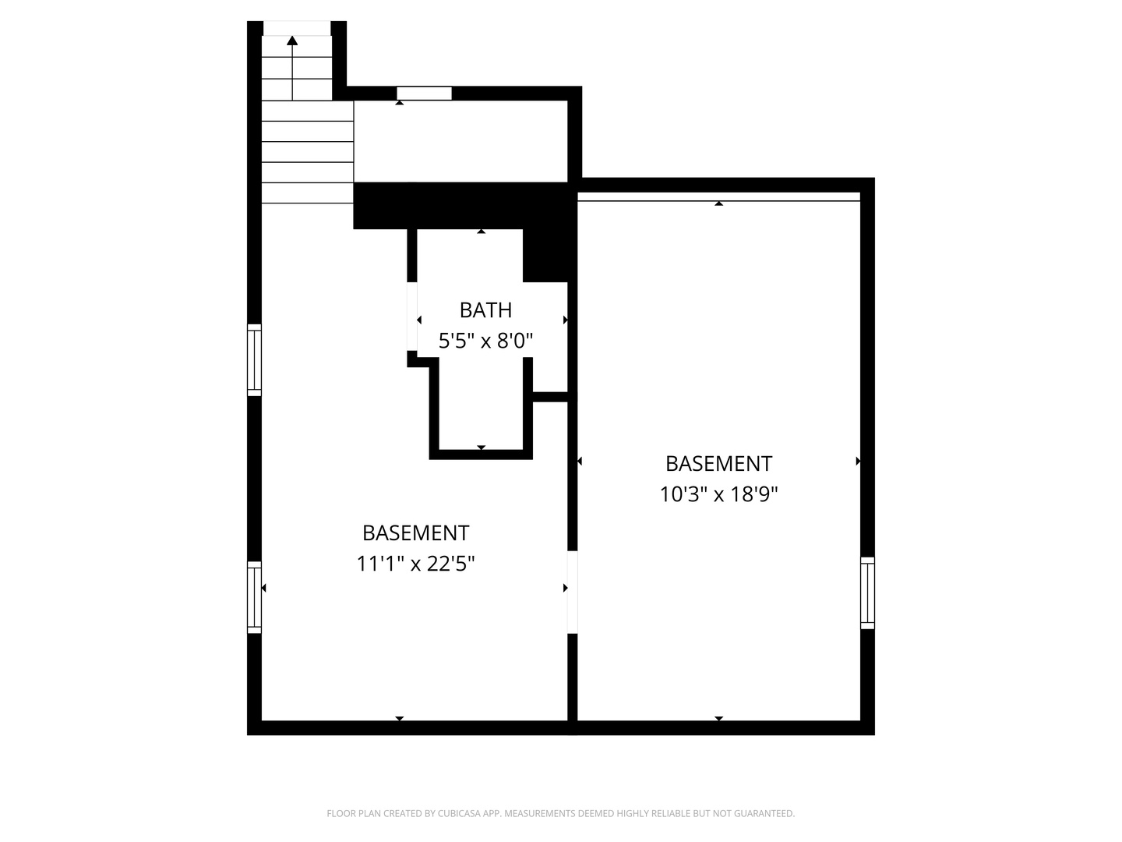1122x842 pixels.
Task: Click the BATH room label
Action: coord(485,310)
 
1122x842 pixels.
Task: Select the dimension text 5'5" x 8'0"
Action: coord(485,341)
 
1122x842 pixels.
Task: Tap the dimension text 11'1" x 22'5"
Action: coord(415,563)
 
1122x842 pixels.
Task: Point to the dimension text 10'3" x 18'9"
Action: coord(718,494)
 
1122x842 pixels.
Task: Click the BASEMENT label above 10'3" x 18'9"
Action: coord(718,464)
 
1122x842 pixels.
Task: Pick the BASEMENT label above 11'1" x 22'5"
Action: coord(415,533)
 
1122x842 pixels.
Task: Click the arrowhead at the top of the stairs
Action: coord(292,41)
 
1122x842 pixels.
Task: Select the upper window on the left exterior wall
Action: coord(254,359)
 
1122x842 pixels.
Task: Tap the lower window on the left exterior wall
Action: coord(254,596)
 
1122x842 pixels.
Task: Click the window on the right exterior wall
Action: coord(867,593)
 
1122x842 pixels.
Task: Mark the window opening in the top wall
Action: coord(424,94)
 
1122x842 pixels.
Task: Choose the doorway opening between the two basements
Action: coord(572,592)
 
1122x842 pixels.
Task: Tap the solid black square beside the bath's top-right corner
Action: coord(545,255)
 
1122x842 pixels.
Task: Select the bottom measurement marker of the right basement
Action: coord(718,718)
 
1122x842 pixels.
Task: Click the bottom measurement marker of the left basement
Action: coord(399,718)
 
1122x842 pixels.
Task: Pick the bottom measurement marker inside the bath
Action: coord(481,448)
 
